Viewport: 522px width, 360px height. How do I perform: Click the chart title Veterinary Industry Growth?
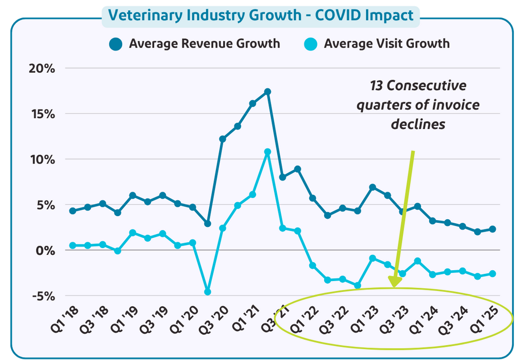[261, 14]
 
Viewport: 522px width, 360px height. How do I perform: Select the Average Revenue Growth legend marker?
[116, 44]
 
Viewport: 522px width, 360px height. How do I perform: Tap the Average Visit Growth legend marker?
[311, 44]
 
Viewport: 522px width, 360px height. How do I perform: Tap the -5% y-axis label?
[44, 296]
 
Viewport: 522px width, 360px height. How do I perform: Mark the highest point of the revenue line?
[267, 92]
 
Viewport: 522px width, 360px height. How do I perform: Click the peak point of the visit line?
[267, 152]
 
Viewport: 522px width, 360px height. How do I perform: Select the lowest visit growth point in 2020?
[208, 292]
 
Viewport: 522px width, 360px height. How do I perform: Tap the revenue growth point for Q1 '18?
[73, 211]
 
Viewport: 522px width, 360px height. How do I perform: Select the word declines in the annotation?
[418, 124]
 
